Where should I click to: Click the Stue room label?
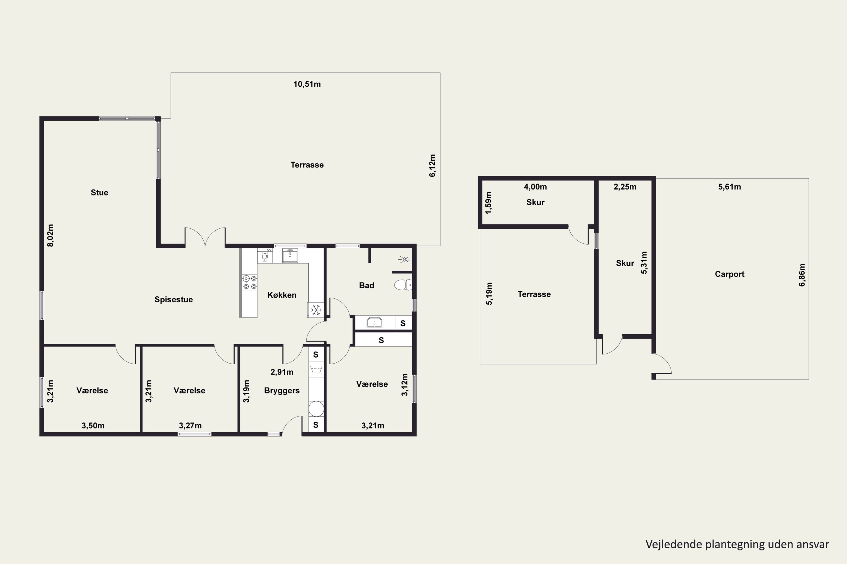[x=99, y=192]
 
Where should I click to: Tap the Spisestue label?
[x=174, y=299]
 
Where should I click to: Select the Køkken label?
[x=281, y=295]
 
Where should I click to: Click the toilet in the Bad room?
[x=403, y=285]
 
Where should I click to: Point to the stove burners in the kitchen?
[x=250, y=282]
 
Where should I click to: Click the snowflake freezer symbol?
[x=316, y=310]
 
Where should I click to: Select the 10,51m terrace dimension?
[x=307, y=84]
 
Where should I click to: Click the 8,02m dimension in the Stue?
[x=51, y=235]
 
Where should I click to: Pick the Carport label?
[x=730, y=274]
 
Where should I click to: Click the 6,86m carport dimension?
[x=802, y=275]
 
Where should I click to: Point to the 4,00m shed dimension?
[x=535, y=187]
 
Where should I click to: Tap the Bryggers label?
[x=281, y=391]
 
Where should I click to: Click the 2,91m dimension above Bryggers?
[x=281, y=372]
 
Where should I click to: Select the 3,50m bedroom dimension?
[x=93, y=426]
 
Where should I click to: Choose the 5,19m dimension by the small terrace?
[x=489, y=294]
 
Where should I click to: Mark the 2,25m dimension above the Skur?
[x=625, y=187]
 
